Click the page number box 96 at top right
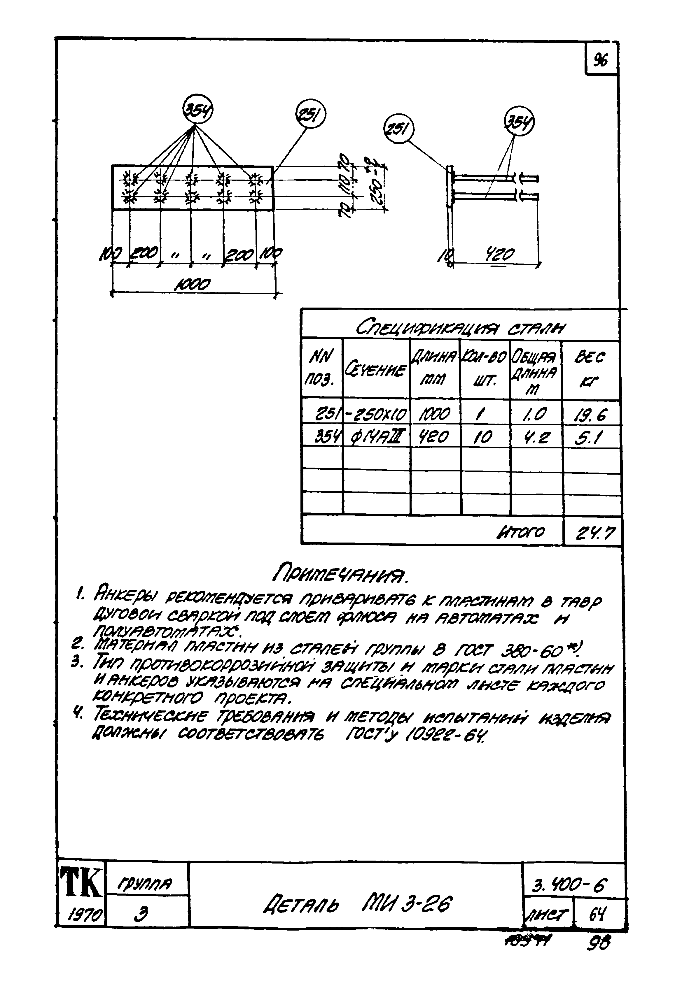pos(600,61)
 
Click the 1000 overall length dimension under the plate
pos(193,284)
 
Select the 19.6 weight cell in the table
pos(591,414)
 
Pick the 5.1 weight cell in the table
pos(590,438)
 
